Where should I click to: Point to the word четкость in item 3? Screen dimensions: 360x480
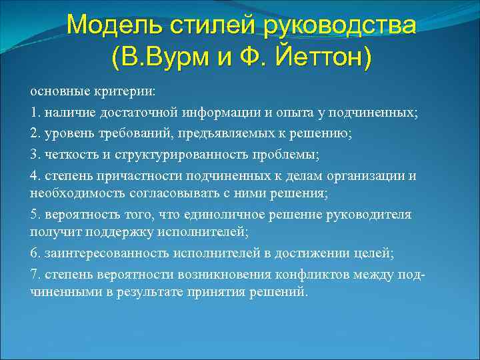67,155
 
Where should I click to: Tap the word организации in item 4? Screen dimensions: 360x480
370,176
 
